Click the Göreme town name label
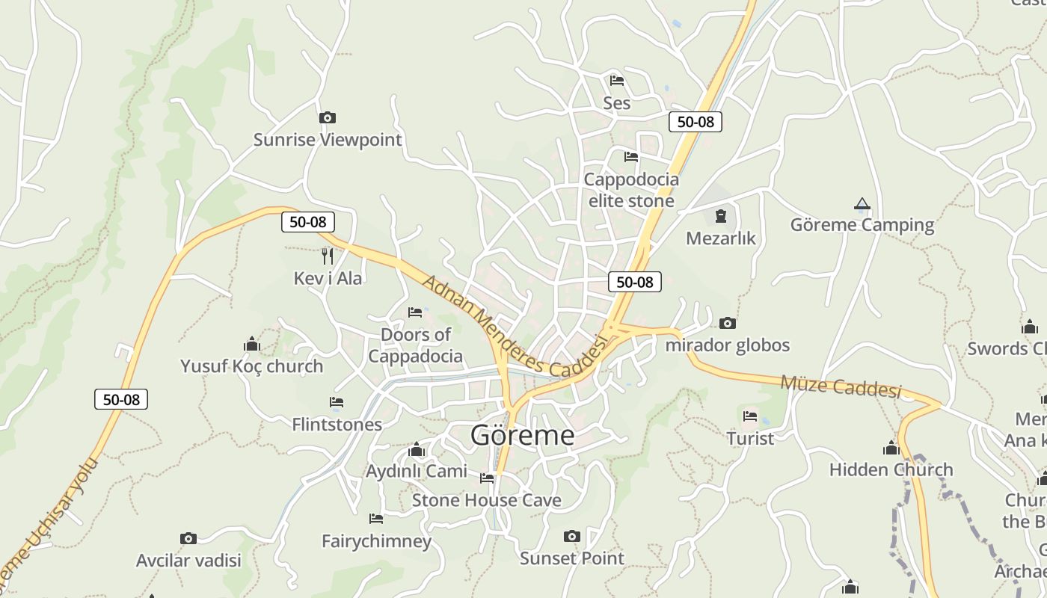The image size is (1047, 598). tap(522, 435)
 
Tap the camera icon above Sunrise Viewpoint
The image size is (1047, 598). tap(327, 117)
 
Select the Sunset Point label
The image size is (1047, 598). tap(571, 558)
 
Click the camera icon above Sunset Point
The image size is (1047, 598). tap(571, 536)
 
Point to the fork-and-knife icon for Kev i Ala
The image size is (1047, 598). tap(327, 256)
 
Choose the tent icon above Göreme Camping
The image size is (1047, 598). tap(862, 203)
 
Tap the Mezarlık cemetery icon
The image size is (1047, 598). tap(720, 216)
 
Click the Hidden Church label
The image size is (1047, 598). tap(891, 469)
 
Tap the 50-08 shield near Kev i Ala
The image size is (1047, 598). tap(308, 221)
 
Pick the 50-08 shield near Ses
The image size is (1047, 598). tap(696, 121)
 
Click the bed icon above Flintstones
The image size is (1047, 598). tap(337, 402)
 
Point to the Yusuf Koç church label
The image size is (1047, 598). tap(251, 366)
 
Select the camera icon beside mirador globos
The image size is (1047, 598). tap(727, 323)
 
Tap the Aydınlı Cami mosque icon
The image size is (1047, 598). tap(417, 449)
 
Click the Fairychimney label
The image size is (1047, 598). tap(376, 540)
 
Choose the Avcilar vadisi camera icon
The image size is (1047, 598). tap(188, 538)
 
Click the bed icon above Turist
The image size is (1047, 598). tap(750, 416)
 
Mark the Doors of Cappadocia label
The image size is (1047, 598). tap(415, 345)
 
